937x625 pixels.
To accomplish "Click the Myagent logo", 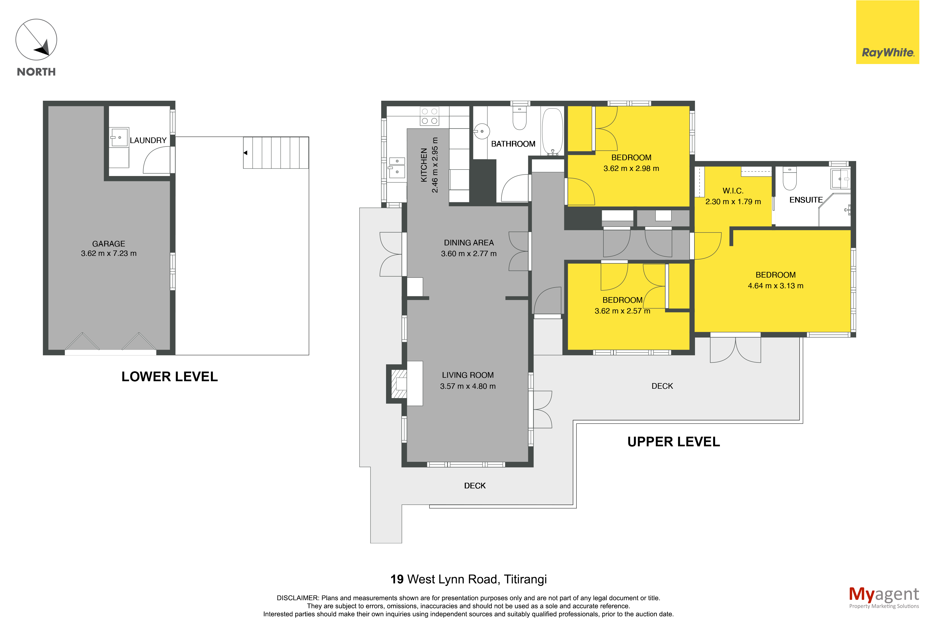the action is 884,597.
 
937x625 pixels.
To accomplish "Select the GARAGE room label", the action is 109,244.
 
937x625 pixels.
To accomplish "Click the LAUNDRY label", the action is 148,140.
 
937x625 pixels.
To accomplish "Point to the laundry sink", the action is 119,137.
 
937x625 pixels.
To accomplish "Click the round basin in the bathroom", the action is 481,131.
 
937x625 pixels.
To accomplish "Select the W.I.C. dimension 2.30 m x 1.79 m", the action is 733,202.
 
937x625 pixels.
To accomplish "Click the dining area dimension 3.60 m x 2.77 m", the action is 469,253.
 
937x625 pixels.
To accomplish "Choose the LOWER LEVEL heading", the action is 170,377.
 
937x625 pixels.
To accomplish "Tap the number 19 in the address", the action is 397,579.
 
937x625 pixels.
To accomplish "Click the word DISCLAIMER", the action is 297,598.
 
